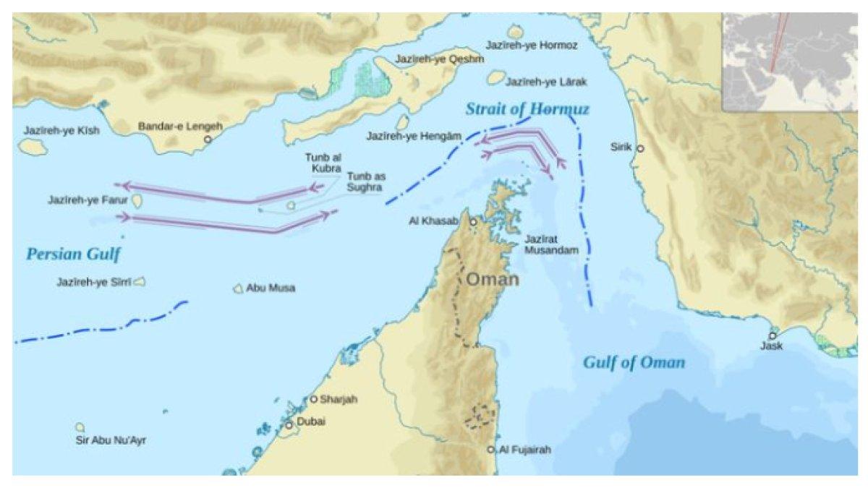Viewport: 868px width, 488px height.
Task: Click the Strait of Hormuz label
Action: click(x=527, y=109)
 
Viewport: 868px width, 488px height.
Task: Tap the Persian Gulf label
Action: click(x=73, y=254)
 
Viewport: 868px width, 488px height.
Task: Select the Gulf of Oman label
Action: click(x=634, y=362)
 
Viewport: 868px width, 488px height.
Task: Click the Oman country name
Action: click(x=492, y=279)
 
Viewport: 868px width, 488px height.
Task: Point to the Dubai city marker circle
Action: click(x=289, y=425)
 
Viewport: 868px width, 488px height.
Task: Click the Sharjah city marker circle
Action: click(x=313, y=399)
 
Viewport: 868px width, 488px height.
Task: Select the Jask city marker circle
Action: click(x=773, y=336)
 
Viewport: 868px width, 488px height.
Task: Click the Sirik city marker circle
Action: click(x=639, y=148)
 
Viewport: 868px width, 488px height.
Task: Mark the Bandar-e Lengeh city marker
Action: click(x=208, y=139)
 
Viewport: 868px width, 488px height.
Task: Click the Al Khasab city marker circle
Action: click(x=474, y=222)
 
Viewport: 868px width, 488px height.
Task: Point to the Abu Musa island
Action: click(x=238, y=288)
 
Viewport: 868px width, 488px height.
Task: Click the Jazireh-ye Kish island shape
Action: click(x=33, y=146)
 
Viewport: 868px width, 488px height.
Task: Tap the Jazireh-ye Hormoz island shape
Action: click(x=516, y=32)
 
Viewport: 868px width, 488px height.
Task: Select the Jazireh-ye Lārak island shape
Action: click(x=496, y=77)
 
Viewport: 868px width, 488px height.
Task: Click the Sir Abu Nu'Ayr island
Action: click(x=80, y=427)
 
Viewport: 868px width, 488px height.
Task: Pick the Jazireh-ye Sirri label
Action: click(x=94, y=282)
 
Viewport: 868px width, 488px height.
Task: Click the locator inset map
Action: click(x=789, y=61)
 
